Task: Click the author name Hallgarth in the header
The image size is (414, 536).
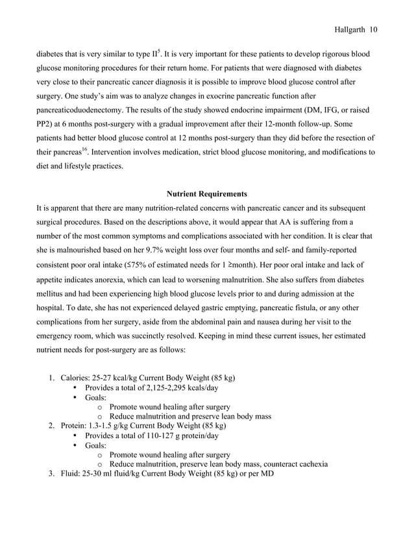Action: coord(349,29)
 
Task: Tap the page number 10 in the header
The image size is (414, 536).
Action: coord(374,29)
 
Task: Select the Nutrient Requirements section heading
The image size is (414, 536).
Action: coord(206,193)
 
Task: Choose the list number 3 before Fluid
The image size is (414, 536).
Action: coord(52,474)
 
